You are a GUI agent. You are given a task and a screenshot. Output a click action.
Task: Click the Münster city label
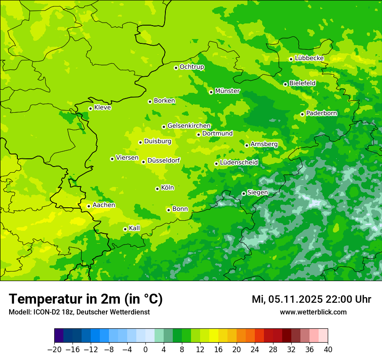click(x=227, y=91)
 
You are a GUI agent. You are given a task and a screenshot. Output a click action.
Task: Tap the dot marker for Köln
click(x=157, y=189)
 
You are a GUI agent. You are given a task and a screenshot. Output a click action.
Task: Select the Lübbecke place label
click(x=309, y=58)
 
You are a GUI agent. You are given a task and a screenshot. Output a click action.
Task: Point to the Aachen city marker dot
click(x=89, y=206)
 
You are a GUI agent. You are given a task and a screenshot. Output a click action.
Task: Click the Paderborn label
click(x=321, y=113)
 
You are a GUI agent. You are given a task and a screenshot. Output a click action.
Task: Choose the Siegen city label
click(x=257, y=193)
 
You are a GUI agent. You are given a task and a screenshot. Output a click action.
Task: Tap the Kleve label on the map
click(x=102, y=108)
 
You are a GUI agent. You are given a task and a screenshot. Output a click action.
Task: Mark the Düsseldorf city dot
click(x=143, y=162)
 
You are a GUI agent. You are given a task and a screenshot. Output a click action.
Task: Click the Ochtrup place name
click(x=191, y=67)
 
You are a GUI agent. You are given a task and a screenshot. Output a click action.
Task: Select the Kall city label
click(x=135, y=228)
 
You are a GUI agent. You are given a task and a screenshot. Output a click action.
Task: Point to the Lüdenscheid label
click(x=239, y=163)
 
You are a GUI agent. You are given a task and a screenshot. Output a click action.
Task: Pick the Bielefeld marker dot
click(x=285, y=84)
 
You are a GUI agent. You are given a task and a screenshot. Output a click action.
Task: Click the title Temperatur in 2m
click(x=86, y=299)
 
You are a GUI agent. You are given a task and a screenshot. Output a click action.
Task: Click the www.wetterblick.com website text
click(x=313, y=312)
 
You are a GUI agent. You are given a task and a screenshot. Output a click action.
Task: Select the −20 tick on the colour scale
click(x=55, y=350)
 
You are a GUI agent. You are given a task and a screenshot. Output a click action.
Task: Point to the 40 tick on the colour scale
click(x=328, y=350)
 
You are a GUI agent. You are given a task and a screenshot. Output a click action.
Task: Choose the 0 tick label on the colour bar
click(x=145, y=350)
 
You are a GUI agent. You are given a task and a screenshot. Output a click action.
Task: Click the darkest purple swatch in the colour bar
click(x=59, y=336)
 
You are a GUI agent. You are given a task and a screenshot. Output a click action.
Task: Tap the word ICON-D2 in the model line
click(x=43, y=312)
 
